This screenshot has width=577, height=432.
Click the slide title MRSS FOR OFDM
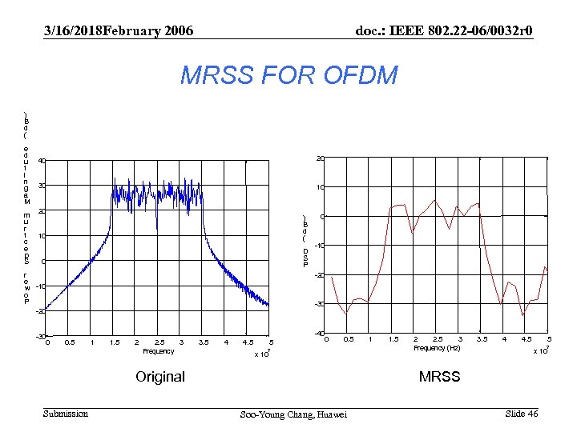click(x=288, y=76)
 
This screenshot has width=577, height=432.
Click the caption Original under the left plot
click(x=160, y=376)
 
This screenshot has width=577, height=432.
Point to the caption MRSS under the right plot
click(x=440, y=376)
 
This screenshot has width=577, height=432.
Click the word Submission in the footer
click(x=66, y=414)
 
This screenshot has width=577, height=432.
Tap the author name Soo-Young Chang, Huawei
click(x=294, y=414)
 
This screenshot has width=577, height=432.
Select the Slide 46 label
click(x=522, y=413)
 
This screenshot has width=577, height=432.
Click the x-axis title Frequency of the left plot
click(x=158, y=351)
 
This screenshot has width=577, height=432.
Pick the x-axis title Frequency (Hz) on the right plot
click(x=437, y=348)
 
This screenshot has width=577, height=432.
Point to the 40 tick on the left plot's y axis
click(x=41, y=162)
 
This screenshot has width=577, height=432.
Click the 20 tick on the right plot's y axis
click(x=318, y=158)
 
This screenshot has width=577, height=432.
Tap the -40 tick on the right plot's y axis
click(x=317, y=334)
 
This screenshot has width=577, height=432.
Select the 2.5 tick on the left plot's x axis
click(x=159, y=342)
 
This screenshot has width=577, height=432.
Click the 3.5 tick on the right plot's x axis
click(x=482, y=339)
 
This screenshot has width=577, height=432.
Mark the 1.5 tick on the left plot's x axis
click(x=115, y=342)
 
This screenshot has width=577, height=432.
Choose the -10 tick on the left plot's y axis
click(x=40, y=286)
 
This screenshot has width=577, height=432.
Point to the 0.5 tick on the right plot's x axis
click(x=349, y=339)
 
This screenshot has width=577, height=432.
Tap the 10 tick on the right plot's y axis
click(x=318, y=188)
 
